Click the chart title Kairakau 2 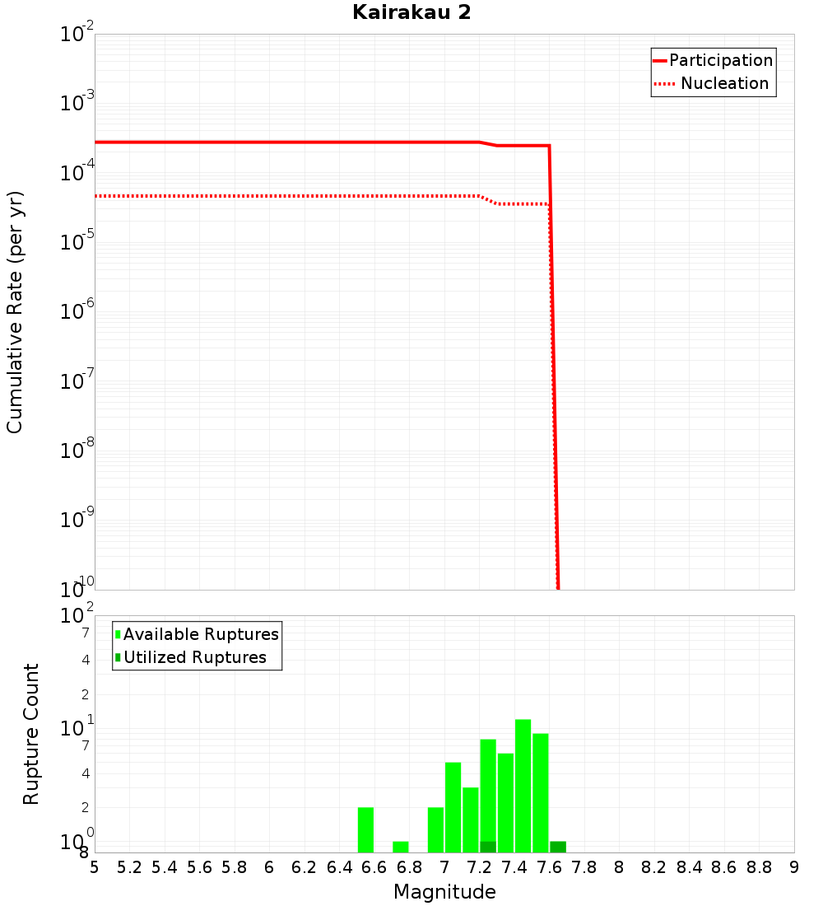(x=411, y=13)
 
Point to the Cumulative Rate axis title (x=15, y=311)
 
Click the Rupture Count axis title (x=31, y=734)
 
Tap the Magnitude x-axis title (x=444, y=892)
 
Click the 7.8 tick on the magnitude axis (x=584, y=867)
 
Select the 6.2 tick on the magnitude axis (x=305, y=867)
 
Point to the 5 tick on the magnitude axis (x=95, y=867)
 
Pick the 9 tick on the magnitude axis (x=794, y=867)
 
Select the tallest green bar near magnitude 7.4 (x=523, y=786)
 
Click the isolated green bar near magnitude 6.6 (x=365, y=829)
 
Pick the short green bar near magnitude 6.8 (x=401, y=847)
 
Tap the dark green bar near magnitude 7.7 (x=558, y=847)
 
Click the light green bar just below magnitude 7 (x=435, y=829)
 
